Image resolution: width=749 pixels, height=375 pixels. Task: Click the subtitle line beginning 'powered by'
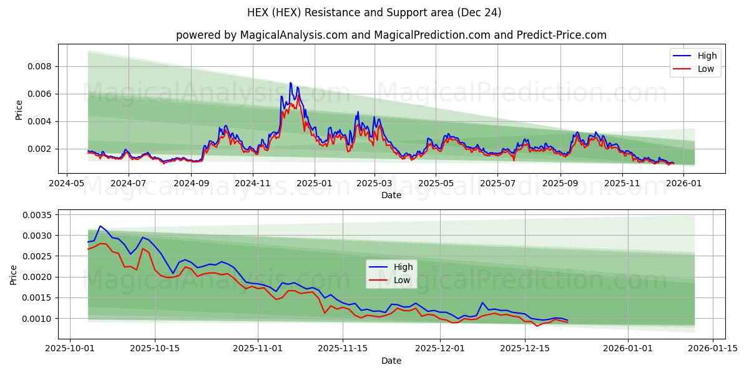391,35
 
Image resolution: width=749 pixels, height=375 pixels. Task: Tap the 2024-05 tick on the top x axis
67,184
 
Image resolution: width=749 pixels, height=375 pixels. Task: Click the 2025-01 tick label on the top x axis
315,184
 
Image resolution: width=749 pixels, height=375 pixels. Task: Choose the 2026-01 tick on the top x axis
683,184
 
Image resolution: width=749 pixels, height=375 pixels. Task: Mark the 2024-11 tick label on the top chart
253,184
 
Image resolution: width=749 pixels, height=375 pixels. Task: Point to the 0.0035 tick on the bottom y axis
37,214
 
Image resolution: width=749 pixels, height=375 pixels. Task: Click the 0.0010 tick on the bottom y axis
37,318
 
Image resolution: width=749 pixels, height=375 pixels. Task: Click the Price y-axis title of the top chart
19,109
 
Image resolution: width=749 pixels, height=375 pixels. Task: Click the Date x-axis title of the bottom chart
391,361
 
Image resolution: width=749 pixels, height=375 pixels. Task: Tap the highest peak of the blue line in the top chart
290,82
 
